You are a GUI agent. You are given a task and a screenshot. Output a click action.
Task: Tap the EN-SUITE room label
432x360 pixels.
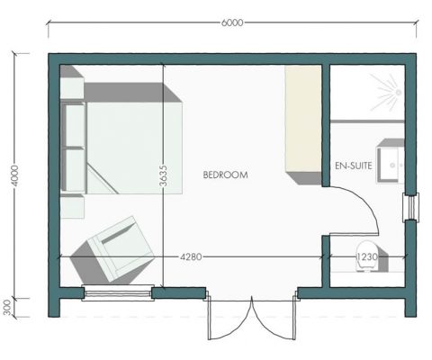pyautogui.click(x=352, y=166)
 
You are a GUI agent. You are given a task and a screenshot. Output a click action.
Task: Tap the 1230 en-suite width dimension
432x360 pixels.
pyautogui.click(x=367, y=257)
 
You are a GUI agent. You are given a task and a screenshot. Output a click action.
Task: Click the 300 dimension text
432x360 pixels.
pyautogui.click(x=9, y=307)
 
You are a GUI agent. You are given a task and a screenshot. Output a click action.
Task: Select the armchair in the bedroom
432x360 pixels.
pyautogui.click(x=112, y=249)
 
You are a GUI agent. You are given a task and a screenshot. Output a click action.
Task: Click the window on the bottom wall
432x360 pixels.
pyautogui.click(x=116, y=292)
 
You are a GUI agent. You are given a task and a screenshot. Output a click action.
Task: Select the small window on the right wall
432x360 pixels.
pyautogui.click(x=411, y=208)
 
